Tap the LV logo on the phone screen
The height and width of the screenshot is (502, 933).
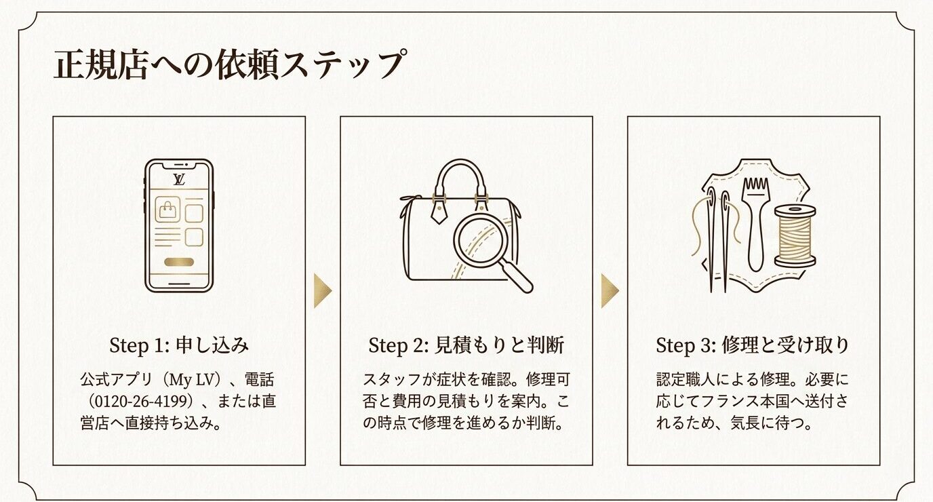179,179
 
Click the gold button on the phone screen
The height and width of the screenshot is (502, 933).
179,262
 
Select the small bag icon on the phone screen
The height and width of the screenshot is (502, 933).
166,211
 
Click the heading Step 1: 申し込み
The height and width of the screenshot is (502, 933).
179,345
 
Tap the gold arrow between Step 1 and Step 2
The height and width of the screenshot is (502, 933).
323,291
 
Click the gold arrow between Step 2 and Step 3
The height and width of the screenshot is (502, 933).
610,291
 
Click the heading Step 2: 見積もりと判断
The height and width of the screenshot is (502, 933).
466,345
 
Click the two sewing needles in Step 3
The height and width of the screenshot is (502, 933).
717,237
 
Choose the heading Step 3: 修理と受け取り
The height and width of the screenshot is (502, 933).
753,345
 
